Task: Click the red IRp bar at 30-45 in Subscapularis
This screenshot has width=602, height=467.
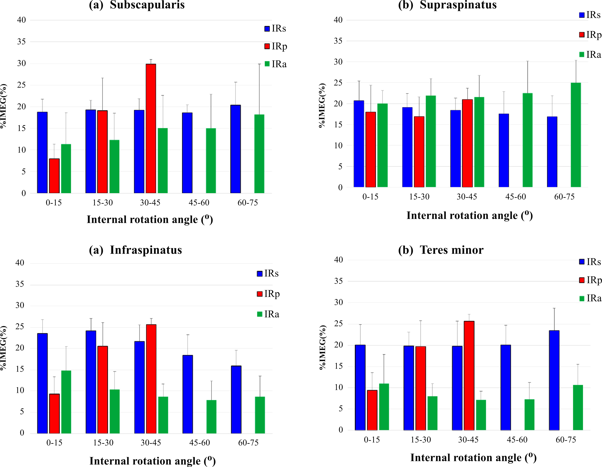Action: pos(151,129)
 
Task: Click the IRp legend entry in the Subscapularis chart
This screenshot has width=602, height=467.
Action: pos(276,46)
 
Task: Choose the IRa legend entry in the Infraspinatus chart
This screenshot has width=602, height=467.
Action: pos(268,314)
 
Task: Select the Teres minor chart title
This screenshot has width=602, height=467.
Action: pos(441,250)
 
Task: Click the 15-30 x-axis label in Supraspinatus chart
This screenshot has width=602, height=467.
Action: pos(419,197)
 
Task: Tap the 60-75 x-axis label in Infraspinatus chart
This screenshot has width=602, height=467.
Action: pos(248,443)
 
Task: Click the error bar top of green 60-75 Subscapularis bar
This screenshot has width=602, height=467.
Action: pos(259,64)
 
